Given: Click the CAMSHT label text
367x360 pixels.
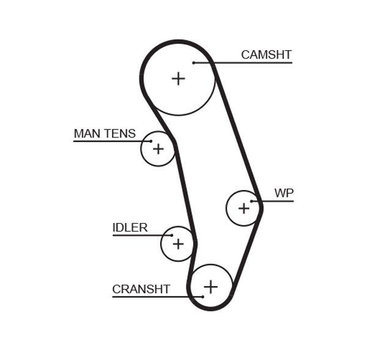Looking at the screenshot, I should pyautogui.click(x=266, y=55).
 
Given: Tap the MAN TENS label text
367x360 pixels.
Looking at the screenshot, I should pyautogui.click(x=105, y=134).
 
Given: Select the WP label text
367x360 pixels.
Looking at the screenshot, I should pyautogui.click(x=284, y=194).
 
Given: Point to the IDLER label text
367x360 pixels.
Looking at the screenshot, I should pyautogui.click(x=130, y=228).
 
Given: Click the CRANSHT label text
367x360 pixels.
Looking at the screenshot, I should pyautogui.click(x=141, y=290).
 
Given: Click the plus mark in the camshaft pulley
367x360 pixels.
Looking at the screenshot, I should pyautogui.click(x=178, y=78).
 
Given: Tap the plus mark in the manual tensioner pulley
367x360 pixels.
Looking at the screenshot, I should pyautogui.click(x=158, y=149).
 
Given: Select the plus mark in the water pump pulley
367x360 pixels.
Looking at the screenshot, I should pyautogui.click(x=243, y=208).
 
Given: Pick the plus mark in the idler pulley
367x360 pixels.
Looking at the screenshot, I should pyautogui.click(x=177, y=244).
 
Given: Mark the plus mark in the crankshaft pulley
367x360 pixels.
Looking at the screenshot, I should pyautogui.click(x=210, y=286).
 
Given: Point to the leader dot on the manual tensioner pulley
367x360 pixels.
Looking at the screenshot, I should pyautogui.click(x=150, y=141).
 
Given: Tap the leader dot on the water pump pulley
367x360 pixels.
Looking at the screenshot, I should pyautogui.click(x=253, y=201).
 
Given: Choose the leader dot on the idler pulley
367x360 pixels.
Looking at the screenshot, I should pyautogui.click(x=172, y=235).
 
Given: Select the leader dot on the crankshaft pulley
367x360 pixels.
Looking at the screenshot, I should pyautogui.click(x=202, y=297).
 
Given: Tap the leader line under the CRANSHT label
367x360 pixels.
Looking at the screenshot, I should pyautogui.click(x=153, y=297).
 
